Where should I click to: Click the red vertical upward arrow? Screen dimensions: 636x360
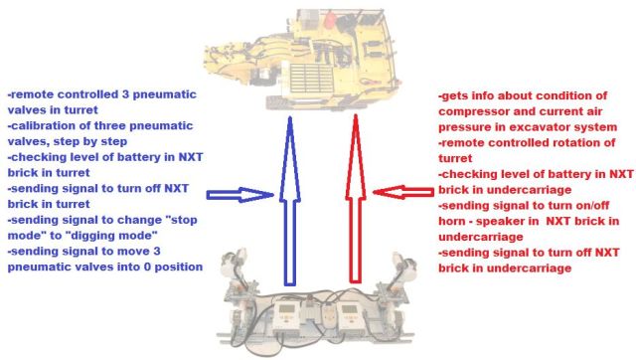356,199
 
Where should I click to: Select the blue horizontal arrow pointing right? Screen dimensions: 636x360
240,195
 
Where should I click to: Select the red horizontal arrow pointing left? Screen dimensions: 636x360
403,192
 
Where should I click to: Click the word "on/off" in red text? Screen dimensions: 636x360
592,206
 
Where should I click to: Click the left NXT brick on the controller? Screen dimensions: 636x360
287,317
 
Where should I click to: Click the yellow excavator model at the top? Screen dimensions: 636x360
301,59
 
